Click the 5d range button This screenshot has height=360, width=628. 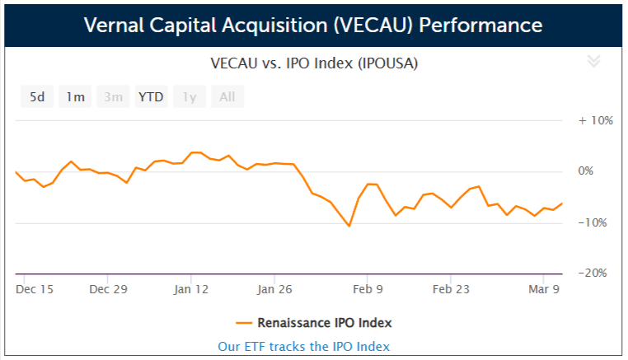click(x=37, y=97)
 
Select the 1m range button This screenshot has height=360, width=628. click(x=75, y=97)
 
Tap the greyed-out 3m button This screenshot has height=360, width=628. click(x=113, y=97)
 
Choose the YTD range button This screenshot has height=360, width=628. click(x=151, y=97)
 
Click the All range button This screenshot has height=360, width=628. click(x=227, y=97)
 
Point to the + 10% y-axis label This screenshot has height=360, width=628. click(x=596, y=120)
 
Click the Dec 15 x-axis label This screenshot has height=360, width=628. click(x=35, y=289)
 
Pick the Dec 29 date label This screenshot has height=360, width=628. click(x=109, y=289)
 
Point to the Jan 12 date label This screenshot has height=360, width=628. click(x=193, y=289)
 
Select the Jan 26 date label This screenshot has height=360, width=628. click(x=275, y=289)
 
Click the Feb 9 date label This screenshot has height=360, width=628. click(x=368, y=289)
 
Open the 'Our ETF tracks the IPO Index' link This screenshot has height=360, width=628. click(x=303, y=347)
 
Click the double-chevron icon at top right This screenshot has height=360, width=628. click(x=593, y=61)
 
